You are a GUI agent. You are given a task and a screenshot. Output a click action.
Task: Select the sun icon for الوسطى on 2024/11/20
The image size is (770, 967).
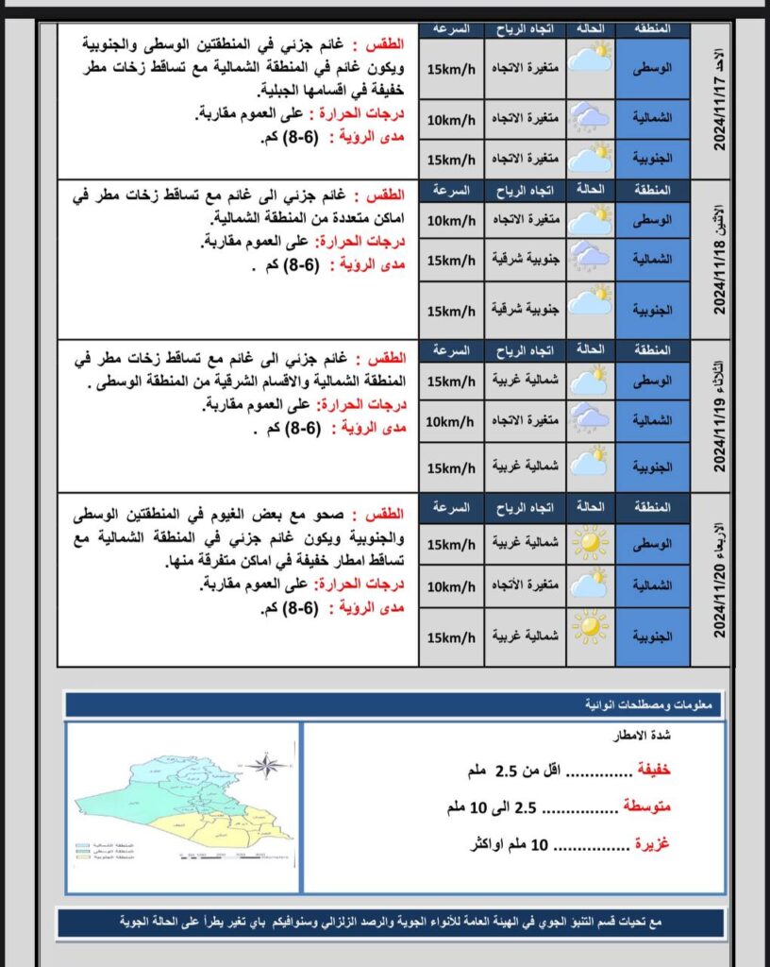[x=591, y=544]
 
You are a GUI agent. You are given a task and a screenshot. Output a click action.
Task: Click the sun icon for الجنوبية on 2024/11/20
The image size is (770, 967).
[x=591, y=628]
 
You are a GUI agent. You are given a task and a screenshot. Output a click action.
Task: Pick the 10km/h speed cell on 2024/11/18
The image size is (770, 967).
[x=451, y=220]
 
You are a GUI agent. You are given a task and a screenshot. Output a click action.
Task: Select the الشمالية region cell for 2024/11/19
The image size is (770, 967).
[x=652, y=419]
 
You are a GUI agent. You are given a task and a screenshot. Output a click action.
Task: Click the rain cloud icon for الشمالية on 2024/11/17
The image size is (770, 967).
[x=591, y=119]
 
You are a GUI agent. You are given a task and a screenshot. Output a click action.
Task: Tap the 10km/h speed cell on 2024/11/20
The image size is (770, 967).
[x=451, y=586]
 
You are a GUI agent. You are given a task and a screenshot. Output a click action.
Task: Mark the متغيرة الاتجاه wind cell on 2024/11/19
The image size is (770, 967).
[x=525, y=419]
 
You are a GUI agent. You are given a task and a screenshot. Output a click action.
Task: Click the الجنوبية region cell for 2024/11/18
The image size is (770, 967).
[x=652, y=311]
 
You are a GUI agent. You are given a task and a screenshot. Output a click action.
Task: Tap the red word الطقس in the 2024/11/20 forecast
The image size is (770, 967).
[x=385, y=515]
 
